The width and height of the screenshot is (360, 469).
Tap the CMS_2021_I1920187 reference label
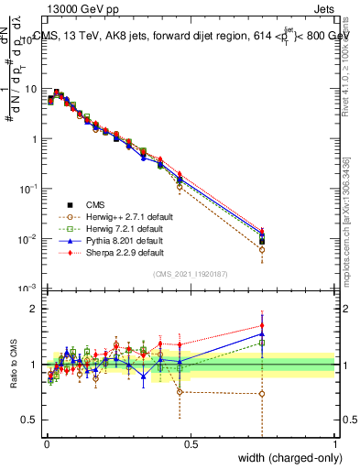coord(191,274)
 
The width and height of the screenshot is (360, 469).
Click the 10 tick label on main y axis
coord(31,90)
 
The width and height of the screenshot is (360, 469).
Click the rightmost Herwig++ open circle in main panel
coord(262,249)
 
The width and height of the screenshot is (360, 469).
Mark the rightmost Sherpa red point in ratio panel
coord(262,325)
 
